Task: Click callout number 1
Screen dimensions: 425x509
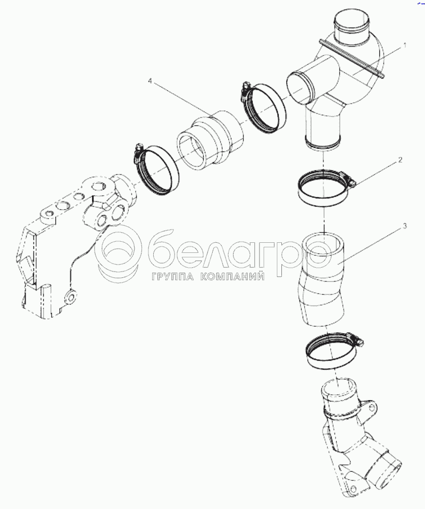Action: click(x=404, y=46)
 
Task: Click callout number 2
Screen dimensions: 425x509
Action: click(x=401, y=160)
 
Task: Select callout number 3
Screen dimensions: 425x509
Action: click(x=405, y=226)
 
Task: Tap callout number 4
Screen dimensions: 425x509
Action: click(x=150, y=81)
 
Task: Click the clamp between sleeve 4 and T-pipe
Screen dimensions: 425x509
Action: click(x=263, y=108)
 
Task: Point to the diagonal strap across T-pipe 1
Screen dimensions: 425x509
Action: click(x=352, y=58)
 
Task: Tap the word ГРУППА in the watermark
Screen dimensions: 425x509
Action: click(x=172, y=277)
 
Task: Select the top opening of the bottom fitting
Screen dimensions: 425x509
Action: click(x=339, y=387)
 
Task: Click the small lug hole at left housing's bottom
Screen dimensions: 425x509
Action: click(x=71, y=296)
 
